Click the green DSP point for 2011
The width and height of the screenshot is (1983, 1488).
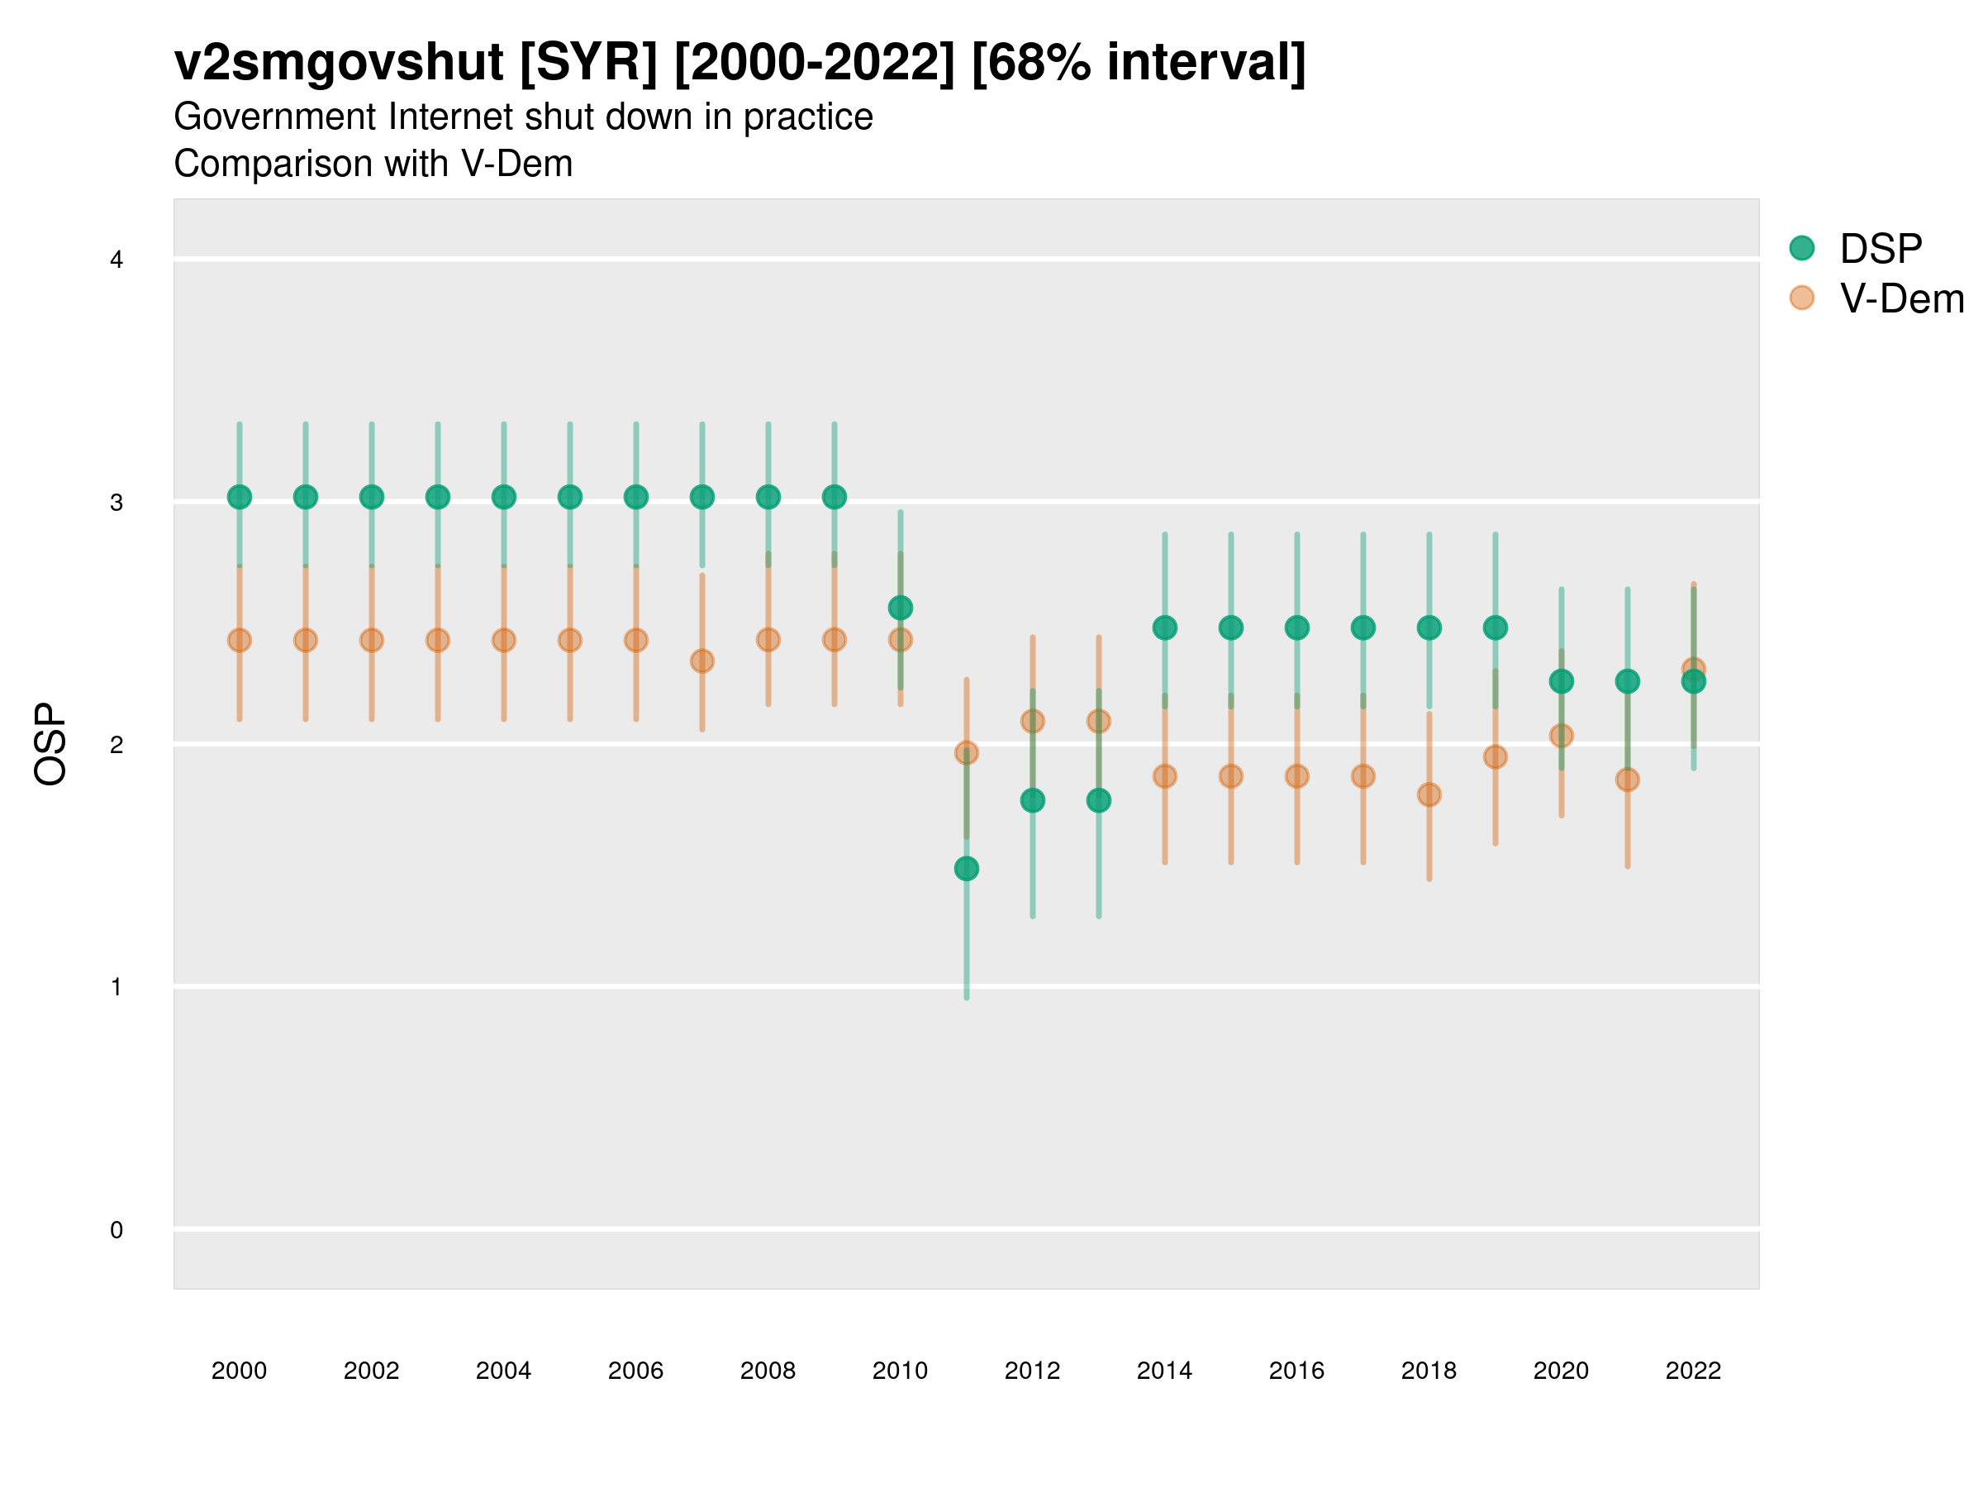[x=967, y=868]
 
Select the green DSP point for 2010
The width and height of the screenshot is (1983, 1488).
[x=900, y=608]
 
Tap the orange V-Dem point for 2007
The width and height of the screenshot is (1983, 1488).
[x=702, y=661]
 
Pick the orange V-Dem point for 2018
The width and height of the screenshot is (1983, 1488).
[x=1429, y=794]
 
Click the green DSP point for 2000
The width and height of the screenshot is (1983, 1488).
[x=240, y=497]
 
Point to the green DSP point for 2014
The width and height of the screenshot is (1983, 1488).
[x=1164, y=627]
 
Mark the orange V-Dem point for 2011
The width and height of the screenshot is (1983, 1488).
[x=967, y=752]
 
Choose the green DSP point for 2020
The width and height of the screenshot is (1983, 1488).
[x=1561, y=682]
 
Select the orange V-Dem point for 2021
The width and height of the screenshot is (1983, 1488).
[x=1627, y=780]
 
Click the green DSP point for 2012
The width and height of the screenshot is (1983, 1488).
[x=1033, y=800]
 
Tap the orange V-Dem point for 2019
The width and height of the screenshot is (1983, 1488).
[x=1496, y=757]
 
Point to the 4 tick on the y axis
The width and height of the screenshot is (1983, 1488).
[x=117, y=260]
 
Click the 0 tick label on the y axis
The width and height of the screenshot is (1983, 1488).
[x=117, y=1231]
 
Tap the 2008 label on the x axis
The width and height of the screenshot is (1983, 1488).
[x=768, y=1371]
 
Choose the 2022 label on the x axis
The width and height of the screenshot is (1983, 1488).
[x=1694, y=1371]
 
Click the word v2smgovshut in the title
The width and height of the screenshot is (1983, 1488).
[x=339, y=63]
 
